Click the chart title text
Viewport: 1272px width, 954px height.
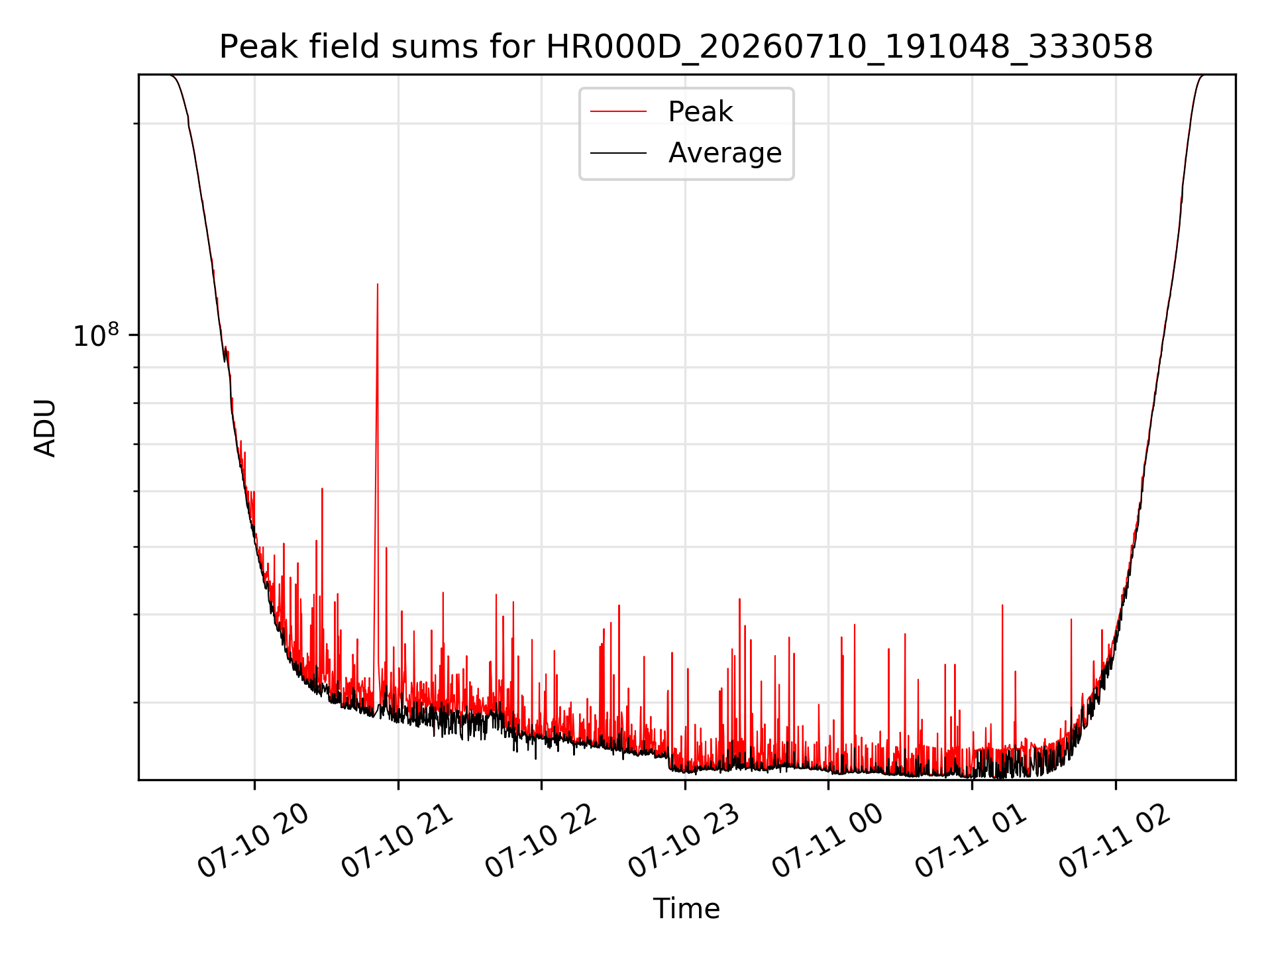pos(686,48)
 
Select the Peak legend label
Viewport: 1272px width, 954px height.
pos(700,112)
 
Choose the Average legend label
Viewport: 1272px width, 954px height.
pos(725,153)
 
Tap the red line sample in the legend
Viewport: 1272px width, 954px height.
pos(618,112)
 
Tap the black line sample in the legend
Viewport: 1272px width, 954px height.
pos(618,153)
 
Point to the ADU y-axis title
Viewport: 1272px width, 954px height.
pos(45,428)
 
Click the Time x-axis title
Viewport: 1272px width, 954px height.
pos(686,909)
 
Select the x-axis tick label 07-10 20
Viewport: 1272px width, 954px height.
pos(254,841)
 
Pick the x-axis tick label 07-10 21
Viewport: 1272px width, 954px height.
pos(397,841)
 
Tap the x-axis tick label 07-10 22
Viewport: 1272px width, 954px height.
pos(541,841)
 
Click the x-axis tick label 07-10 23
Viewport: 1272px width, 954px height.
pos(684,841)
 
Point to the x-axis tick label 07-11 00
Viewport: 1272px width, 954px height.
pos(828,841)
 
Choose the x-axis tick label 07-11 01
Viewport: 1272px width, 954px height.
pos(971,841)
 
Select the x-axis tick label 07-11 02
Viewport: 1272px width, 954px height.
pos(1115,841)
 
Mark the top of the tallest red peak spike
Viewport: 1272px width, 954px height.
pos(378,284)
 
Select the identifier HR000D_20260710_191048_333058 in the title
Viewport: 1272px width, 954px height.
pos(850,48)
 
